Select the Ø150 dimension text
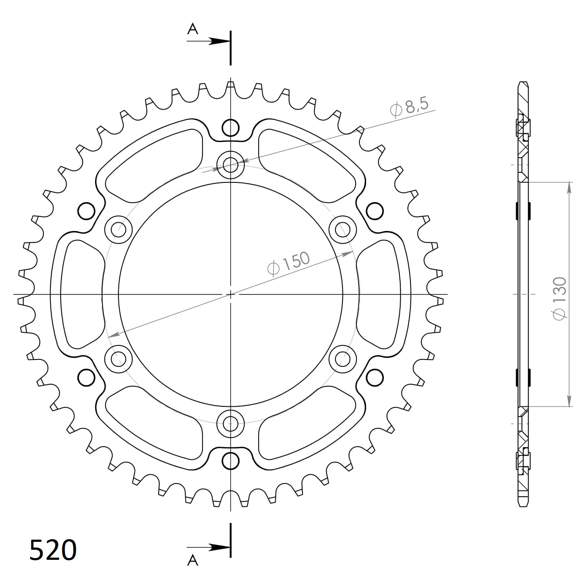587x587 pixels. pos(288,263)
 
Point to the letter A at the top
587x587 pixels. pos(192,29)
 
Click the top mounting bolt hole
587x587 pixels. pos(231,165)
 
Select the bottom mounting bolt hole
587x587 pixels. pos(231,423)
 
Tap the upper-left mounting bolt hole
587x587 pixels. pos(118,229)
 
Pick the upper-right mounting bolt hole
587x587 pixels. pos(342,229)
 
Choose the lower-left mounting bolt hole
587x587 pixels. pos(118,359)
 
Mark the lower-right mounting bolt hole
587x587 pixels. pos(342,359)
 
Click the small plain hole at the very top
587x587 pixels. pos(231,128)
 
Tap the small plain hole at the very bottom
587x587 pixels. pos(231,460)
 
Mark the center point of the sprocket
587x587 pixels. pos(231,294)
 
